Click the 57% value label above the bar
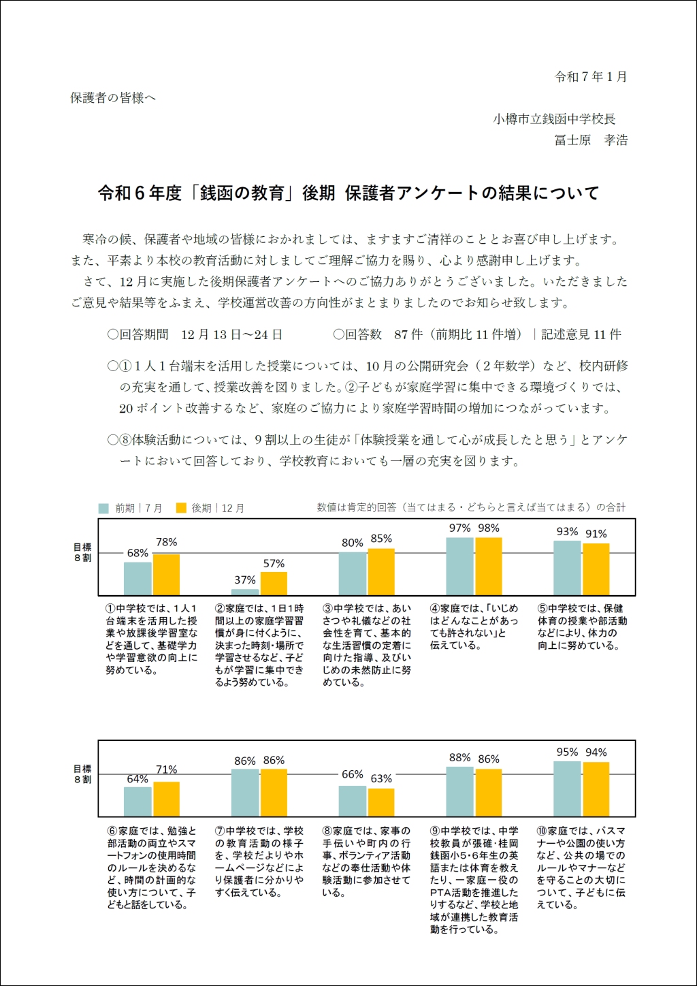(274, 563)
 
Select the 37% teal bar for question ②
(245, 592)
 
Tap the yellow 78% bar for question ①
(166, 575)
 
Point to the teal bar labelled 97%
(460, 567)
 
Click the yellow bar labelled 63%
(381, 802)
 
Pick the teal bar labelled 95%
(567, 789)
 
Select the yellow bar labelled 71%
(166, 799)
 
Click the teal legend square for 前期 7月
(103, 509)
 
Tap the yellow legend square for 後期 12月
(181, 508)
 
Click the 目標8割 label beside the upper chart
(83, 552)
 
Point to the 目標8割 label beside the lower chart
(83, 774)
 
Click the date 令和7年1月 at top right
(591, 77)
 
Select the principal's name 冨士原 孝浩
(591, 140)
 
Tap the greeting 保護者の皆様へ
(113, 98)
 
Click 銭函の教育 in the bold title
(242, 193)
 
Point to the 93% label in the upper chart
(567, 532)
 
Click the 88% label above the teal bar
(460, 758)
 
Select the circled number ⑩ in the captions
(542, 831)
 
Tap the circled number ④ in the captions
(435, 608)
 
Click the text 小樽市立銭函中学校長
(554, 119)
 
